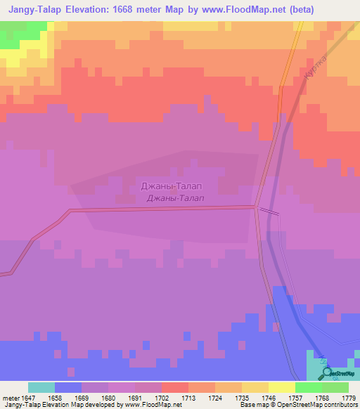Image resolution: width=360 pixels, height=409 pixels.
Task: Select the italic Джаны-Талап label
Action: (x=176, y=198)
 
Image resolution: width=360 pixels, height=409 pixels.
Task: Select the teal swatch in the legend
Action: (x=41, y=387)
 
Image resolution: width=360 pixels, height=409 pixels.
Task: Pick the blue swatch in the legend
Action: (x=67, y=387)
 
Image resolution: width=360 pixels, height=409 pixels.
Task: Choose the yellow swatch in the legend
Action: (x=281, y=387)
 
